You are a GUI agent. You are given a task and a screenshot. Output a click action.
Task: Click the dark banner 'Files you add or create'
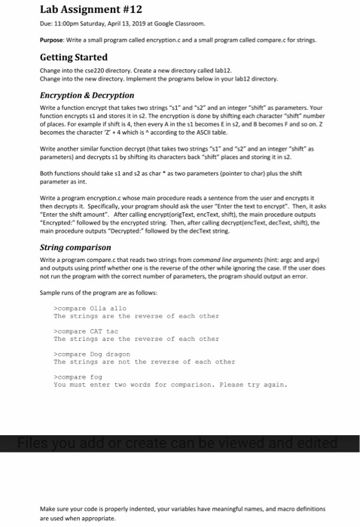pos(179,442)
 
